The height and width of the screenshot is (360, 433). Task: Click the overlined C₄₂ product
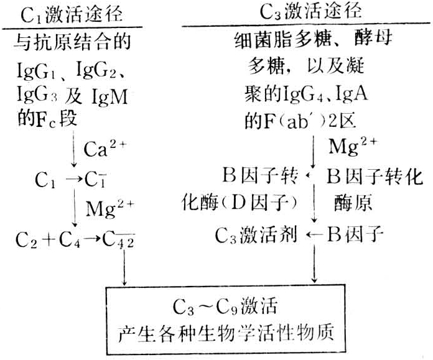(121, 238)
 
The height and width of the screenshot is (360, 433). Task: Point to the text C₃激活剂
(256, 235)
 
